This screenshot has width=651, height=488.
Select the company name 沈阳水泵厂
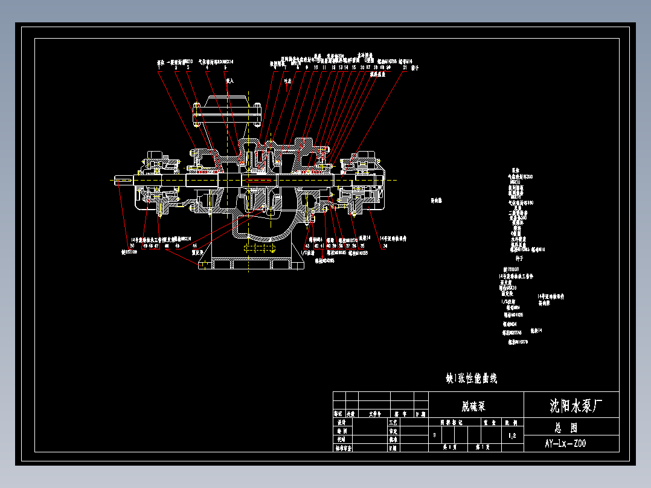tap(575, 405)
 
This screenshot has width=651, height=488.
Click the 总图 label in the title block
tap(566, 427)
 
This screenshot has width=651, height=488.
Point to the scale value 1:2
tap(513, 435)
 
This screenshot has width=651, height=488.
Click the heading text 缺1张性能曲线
tap(471, 379)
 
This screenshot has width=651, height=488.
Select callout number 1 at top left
tap(159, 68)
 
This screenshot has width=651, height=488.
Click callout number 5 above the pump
tap(225, 68)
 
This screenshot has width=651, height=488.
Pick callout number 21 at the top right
tap(404, 68)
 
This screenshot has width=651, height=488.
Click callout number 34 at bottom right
tap(385, 245)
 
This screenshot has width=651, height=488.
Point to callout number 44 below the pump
tap(194, 245)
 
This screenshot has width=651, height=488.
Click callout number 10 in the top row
tap(315, 68)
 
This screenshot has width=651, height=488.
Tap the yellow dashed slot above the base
tap(260, 248)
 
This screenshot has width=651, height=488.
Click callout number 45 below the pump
tap(178, 245)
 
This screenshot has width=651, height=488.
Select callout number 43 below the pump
tap(307, 245)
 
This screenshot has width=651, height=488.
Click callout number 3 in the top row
tap(188, 68)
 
